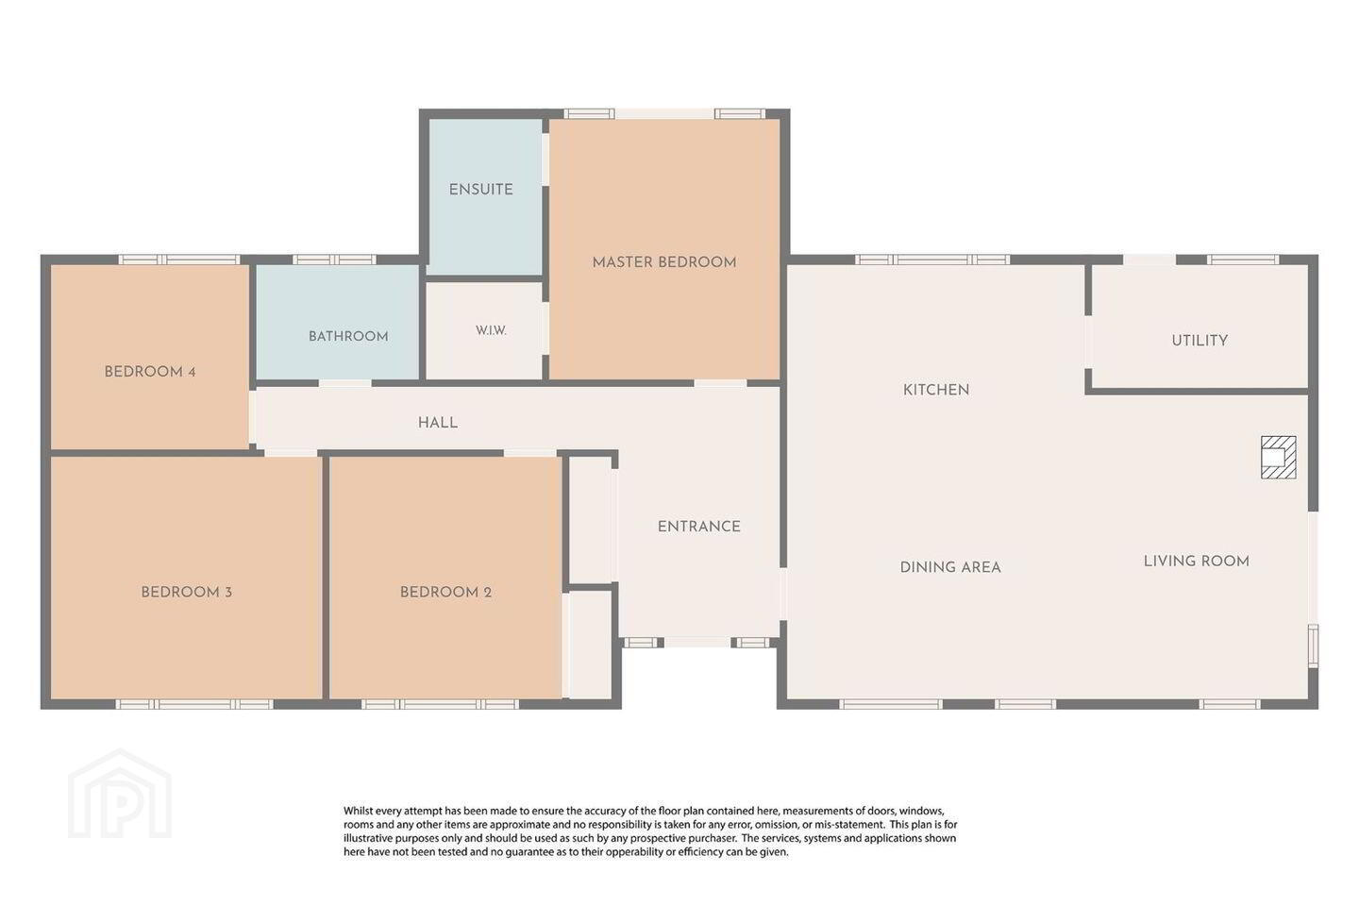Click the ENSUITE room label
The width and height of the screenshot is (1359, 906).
[x=480, y=190]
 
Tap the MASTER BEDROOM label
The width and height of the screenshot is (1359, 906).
[x=664, y=262]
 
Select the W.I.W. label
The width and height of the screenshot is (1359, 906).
[x=491, y=330]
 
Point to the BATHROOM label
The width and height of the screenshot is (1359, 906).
[x=348, y=336]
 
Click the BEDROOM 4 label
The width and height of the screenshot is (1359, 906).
[x=150, y=372]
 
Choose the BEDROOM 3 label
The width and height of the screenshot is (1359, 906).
[x=186, y=593]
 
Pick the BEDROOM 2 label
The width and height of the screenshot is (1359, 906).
[x=445, y=593]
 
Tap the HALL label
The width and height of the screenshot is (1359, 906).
[x=438, y=423]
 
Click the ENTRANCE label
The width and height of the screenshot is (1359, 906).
[x=699, y=527]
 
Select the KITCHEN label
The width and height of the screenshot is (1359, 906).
[x=936, y=390]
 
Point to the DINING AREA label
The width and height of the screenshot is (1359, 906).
[x=950, y=567]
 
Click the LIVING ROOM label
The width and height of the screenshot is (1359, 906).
[x=1197, y=562]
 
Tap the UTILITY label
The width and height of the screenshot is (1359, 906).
[x=1200, y=341]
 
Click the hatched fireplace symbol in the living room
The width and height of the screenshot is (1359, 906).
[x=1278, y=458]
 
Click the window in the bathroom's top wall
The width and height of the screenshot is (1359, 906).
[x=334, y=260]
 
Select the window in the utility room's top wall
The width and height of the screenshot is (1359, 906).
[x=1243, y=260]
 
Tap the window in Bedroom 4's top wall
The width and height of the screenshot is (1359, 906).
[x=179, y=260]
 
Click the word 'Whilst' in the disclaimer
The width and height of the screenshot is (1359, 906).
[x=358, y=811]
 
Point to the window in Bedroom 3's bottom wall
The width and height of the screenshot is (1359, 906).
[x=194, y=704]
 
